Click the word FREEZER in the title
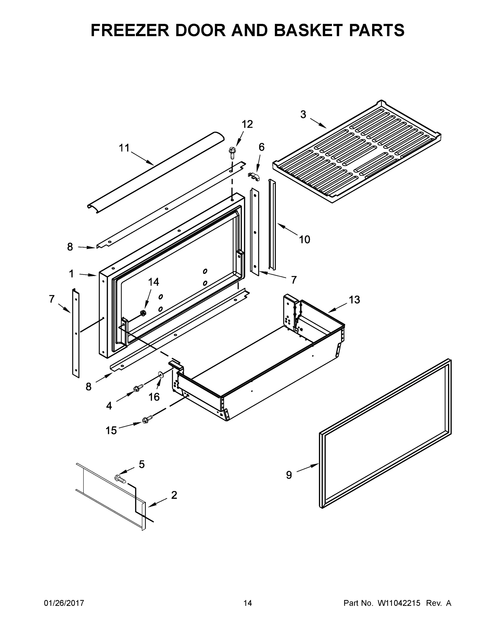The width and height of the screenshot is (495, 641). pyautogui.click(x=130, y=30)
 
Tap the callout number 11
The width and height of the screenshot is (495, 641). pyautogui.click(x=124, y=148)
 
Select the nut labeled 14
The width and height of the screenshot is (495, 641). pyautogui.click(x=143, y=313)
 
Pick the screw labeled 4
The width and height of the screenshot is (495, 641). pyautogui.click(x=138, y=388)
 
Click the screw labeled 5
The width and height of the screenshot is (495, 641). pyautogui.click(x=121, y=479)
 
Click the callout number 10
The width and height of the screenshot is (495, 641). pyautogui.click(x=304, y=240)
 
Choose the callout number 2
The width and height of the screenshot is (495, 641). pyautogui.click(x=174, y=495)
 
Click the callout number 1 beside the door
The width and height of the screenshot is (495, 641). pyautogui.click(x=71, y=274)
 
